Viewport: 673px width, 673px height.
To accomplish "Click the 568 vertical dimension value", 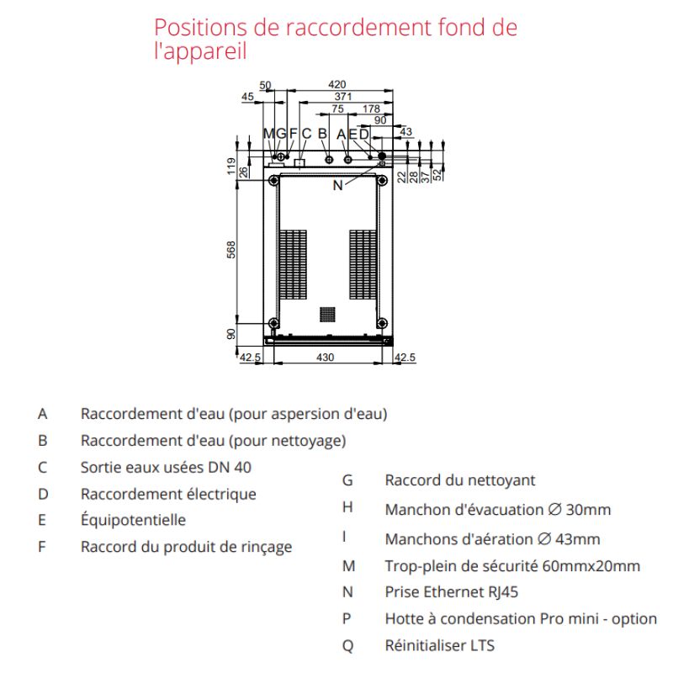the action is [231, 250].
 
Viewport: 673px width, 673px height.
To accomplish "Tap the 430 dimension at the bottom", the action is [325, 357].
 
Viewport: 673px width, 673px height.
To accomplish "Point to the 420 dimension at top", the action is [337, 85].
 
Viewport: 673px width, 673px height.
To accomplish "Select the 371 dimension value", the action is [343, 97].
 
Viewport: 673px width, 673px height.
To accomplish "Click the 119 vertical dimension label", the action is [231, 166].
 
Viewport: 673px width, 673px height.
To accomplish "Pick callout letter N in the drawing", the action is [338, 185].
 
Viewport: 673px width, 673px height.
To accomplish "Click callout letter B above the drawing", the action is [322, 134].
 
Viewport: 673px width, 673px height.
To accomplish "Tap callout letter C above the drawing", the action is [306, 134].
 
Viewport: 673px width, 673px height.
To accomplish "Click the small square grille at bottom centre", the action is [327, 314].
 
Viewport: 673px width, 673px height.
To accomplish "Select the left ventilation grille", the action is [293, 264].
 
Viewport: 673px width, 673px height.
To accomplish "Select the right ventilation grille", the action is [363, 264].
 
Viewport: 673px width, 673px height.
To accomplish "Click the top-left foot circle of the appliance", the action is [273, 180].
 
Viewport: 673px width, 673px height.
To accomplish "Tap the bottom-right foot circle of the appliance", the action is [382, 323].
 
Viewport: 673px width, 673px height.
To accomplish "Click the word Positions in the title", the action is [200, 28].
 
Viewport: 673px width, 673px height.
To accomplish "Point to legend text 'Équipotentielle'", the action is [133, 520].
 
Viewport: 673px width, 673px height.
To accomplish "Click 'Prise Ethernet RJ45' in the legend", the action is [452, 592].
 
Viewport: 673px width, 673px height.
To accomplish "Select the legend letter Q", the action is [347, 646].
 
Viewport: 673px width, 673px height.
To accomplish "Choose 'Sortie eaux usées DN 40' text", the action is [166, 467].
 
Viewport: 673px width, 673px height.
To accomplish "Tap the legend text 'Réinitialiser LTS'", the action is [440, 645].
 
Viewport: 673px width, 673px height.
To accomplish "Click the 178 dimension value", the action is [371, 109].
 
